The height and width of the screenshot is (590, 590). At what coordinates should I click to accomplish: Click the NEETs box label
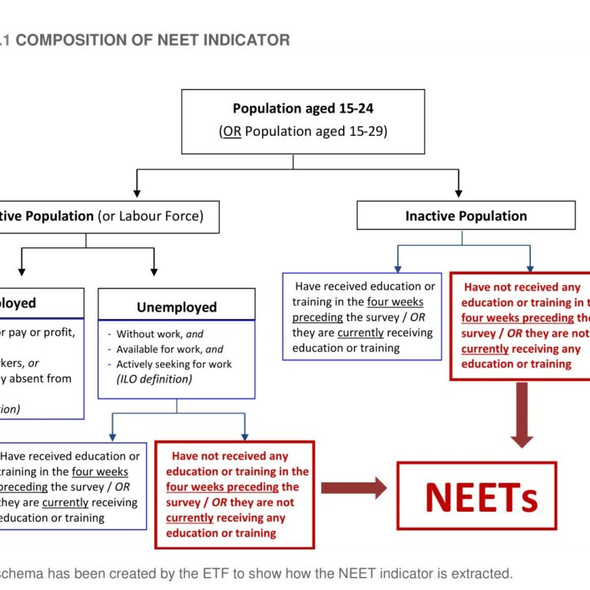click(x=482, y=496)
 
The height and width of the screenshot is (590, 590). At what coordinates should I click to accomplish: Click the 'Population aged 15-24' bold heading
click(x=303, y=109)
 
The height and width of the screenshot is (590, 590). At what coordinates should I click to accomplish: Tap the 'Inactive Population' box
click(x=466, y=216)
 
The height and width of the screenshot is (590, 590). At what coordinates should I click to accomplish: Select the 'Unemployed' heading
click(x=177, y=307)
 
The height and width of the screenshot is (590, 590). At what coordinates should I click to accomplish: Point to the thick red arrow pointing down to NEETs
click(x=522, y=415)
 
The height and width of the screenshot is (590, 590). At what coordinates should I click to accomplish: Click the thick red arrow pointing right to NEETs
click(x=353, y=487)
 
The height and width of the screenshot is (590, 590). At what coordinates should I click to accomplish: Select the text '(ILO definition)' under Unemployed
click(x=154, y=379)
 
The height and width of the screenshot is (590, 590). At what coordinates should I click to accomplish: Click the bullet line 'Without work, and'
click(x=160, y=334)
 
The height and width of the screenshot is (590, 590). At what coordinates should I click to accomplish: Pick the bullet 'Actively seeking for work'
click(x=174, y=364)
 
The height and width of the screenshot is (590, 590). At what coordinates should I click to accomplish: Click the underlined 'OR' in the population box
click(x=231, y=131)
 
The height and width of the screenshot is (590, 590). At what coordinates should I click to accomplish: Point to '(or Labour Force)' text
click(x=151, y=216)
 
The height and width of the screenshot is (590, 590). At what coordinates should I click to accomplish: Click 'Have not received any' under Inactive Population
click(x=522, y=287)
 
